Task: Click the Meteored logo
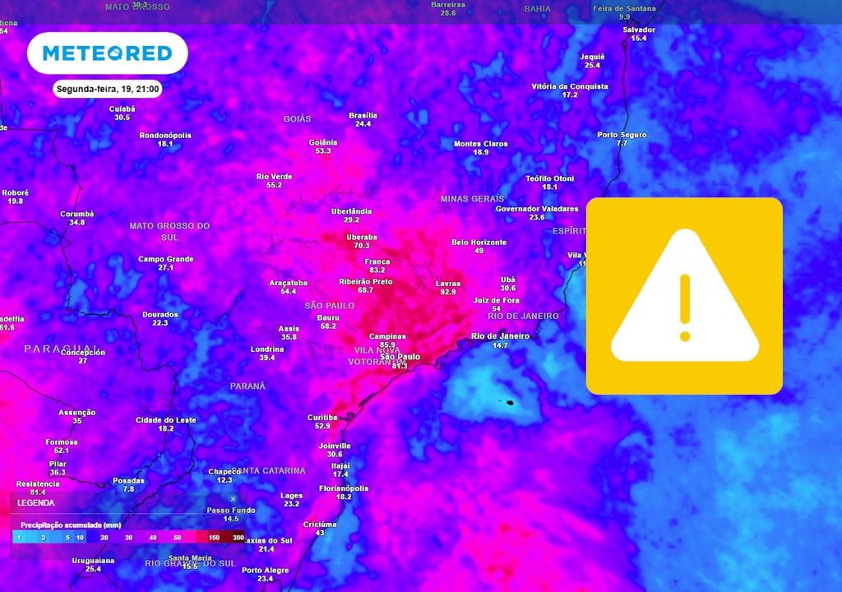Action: tap(107, 53)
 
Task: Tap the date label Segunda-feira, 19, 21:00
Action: tap(108, 89)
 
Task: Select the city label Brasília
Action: tap(363, 115)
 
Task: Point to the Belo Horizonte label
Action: tap(479, 243)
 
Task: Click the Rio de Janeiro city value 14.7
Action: tap(500, 345)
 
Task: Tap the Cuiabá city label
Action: tap(122, 109)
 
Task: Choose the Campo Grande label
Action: tap(165, 259)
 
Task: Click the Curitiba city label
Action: tap(322, 417)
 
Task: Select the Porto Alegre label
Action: tap(265, 570)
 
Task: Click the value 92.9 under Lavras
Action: tap(447, 292)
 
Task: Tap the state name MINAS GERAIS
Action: tap(472, 199)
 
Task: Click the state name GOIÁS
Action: tap(297, 119)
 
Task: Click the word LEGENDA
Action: tap(36, 502)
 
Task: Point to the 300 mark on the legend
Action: tap(238, 537)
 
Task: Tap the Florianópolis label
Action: tap(343, 488)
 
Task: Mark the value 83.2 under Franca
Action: tap(377, 271)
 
